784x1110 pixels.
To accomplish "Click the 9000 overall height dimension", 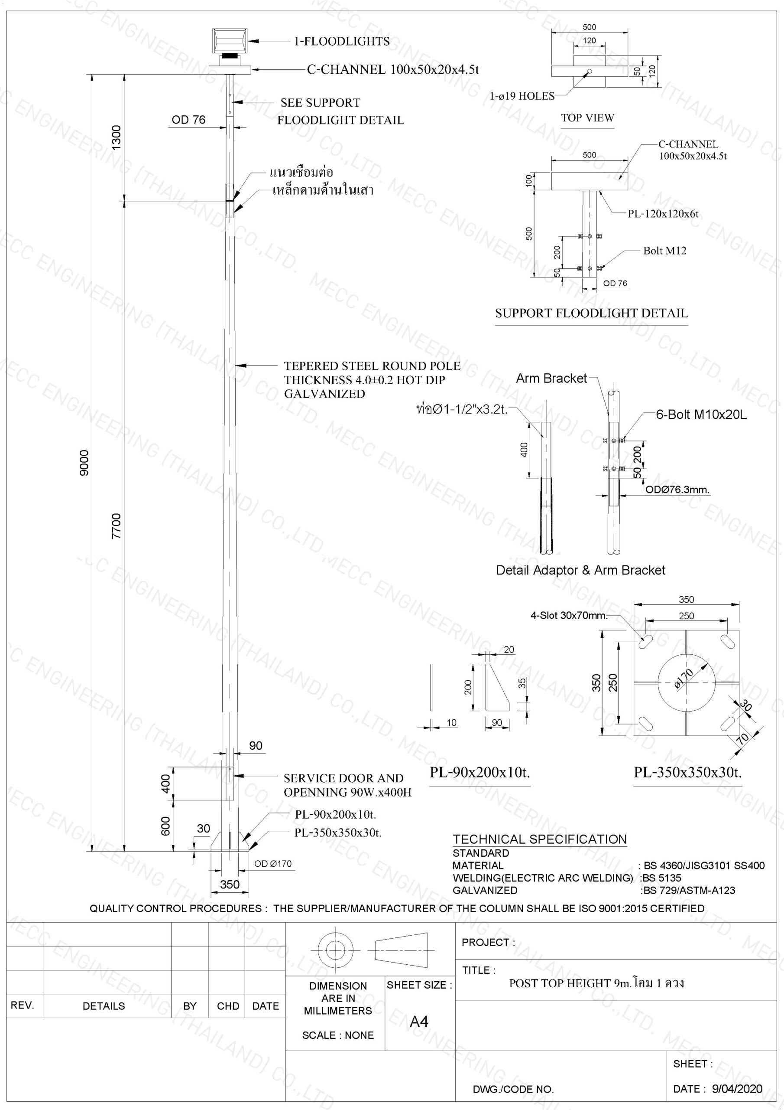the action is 84,463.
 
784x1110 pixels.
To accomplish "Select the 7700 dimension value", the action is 117,526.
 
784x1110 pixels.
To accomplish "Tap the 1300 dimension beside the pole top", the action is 117,137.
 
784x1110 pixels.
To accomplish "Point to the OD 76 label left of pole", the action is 188,119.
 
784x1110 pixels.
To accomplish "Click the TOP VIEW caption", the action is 587,118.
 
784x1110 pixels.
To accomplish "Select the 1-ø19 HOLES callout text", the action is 522,96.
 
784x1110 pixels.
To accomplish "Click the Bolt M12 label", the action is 664,251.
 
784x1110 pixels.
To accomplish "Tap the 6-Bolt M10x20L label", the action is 701,415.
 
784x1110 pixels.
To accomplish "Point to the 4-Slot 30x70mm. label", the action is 569,615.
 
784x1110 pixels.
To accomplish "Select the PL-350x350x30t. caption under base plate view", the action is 688,772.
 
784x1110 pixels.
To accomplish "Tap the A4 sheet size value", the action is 419,1022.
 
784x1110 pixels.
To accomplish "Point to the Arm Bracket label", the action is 552,378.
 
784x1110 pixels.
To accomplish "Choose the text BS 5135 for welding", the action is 661,878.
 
